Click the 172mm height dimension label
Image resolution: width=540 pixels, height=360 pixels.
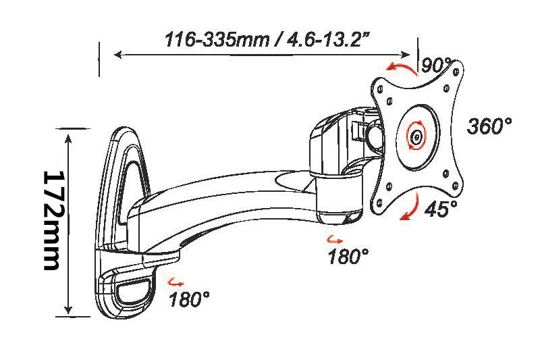(51, 220)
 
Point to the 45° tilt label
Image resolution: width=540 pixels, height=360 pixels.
(441, 209)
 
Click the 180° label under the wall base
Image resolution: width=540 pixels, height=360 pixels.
(189, 299)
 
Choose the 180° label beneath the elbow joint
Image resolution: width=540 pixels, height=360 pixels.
(348, 256)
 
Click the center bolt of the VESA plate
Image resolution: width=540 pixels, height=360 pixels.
(417, 136)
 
